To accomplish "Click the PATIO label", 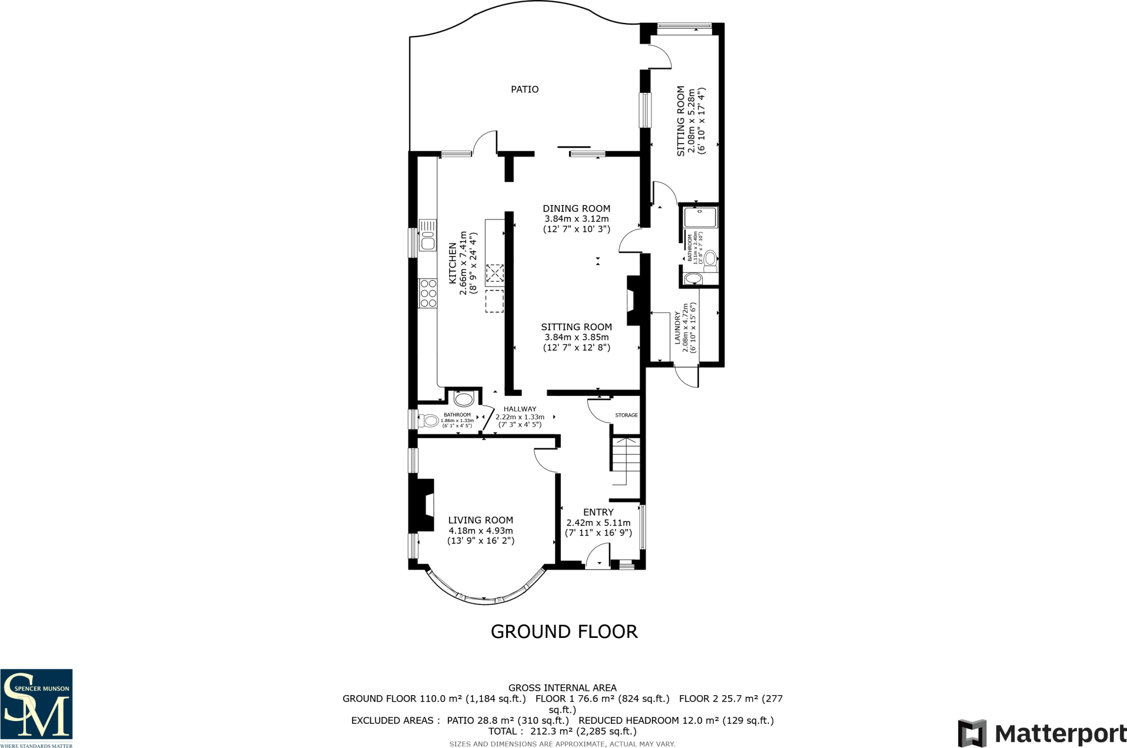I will pos(524,89).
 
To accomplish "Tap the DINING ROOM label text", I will pos(576,209).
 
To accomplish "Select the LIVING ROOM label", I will pos(480,520).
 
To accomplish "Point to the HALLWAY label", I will pos(519,409).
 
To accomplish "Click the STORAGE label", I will pos(626,415).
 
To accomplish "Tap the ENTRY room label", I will pos(598,512).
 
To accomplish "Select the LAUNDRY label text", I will pos(677,328).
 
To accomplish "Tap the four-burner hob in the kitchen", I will pos(428,293).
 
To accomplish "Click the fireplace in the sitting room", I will pos(633,301).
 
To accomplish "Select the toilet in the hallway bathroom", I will pos(430,421).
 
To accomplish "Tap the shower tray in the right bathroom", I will pos(700,217).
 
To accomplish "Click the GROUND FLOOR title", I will pos(564,631).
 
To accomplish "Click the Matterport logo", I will pos(1042,733).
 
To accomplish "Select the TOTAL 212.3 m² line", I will pos(562,731).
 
